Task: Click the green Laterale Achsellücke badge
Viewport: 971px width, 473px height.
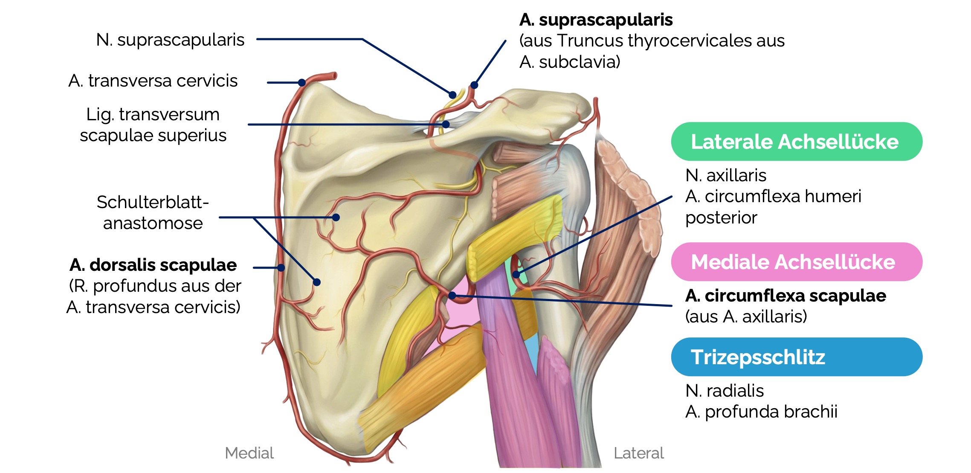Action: coord(796,142)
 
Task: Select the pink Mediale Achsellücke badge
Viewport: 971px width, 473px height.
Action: coord(796,262)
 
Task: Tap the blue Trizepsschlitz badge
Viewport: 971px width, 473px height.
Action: coord(796,357)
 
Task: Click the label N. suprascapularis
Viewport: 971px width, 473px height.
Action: coord(170,40)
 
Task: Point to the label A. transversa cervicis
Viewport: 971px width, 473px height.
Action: coord(153,81)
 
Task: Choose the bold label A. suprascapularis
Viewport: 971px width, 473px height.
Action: coord(596,20)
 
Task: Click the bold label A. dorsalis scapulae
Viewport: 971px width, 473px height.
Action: coord(153,265)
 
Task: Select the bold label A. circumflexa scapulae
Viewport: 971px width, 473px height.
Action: coord(785,295)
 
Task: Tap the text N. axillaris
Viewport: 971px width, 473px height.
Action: coord(725,175)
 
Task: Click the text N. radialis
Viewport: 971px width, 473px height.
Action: coord(724,390)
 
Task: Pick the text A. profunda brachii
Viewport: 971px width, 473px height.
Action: coord(761,412)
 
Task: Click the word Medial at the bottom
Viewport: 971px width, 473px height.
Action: coord(249,453)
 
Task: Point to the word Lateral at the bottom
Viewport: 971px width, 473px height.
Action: coord(638,453)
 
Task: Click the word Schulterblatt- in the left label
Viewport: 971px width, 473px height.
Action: coord(153,202)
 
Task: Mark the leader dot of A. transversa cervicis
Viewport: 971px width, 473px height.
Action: coord(302,83)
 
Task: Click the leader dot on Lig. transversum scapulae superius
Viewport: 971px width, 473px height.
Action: coord(446,125)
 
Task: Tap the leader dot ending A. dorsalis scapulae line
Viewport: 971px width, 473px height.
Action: coord(281,268)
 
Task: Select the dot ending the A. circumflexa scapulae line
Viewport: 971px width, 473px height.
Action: coord(452,295)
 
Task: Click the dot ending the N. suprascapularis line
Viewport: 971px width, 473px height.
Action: coord(453,95)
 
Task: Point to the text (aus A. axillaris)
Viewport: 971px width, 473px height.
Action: coord(746,316)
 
